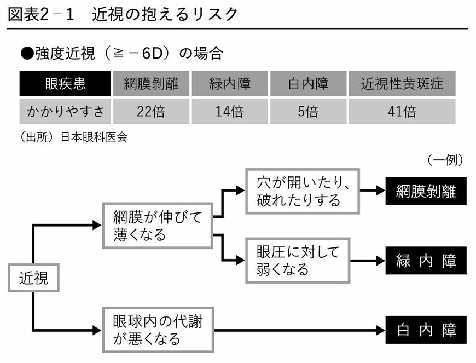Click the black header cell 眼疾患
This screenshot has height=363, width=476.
click(65, 84)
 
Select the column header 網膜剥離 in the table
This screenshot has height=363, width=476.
click(151, 84)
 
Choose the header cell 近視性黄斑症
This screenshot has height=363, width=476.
click(401, 84)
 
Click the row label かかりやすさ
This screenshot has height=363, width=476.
click(65, 112)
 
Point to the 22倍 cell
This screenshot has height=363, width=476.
click(151, 112)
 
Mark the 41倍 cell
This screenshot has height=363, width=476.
click(401, 112)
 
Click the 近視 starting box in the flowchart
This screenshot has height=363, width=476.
click(34, 278)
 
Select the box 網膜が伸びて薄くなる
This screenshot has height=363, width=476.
click(158, 225)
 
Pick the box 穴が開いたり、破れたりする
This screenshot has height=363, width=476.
click(302, 191)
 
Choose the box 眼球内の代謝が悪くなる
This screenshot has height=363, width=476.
click(158, 329)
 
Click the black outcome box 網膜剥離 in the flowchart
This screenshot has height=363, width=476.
click(426, 191)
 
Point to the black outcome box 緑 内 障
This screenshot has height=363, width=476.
click(426, 261)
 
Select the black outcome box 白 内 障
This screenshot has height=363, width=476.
click(426, 330)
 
